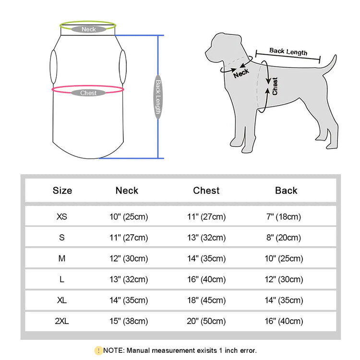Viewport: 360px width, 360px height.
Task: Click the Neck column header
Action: tap(127, 191)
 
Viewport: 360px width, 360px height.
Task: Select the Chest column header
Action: tap(206, 191)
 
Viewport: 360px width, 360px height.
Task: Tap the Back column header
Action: tap(286, 191)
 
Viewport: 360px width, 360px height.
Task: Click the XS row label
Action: tap(62, 216)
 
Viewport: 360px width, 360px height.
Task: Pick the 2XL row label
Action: tap(62, 321)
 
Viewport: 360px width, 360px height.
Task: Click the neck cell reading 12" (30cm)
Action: tap(129, 258)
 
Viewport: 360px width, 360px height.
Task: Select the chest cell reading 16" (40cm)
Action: tap(206, 279)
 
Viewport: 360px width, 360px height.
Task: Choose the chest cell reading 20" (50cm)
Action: tap(206, 321)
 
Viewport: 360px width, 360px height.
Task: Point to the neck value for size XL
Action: tap(129, 300)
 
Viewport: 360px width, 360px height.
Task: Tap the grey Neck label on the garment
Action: tap(88, 29)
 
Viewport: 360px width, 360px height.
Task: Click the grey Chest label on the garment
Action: tap(88, 93)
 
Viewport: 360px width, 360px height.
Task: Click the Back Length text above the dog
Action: tap(288, 51)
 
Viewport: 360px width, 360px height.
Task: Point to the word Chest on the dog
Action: tap(275, 86)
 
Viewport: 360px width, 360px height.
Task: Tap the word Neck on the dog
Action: tap(241, 73)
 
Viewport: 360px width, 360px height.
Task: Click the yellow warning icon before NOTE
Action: tap(99, 350)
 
